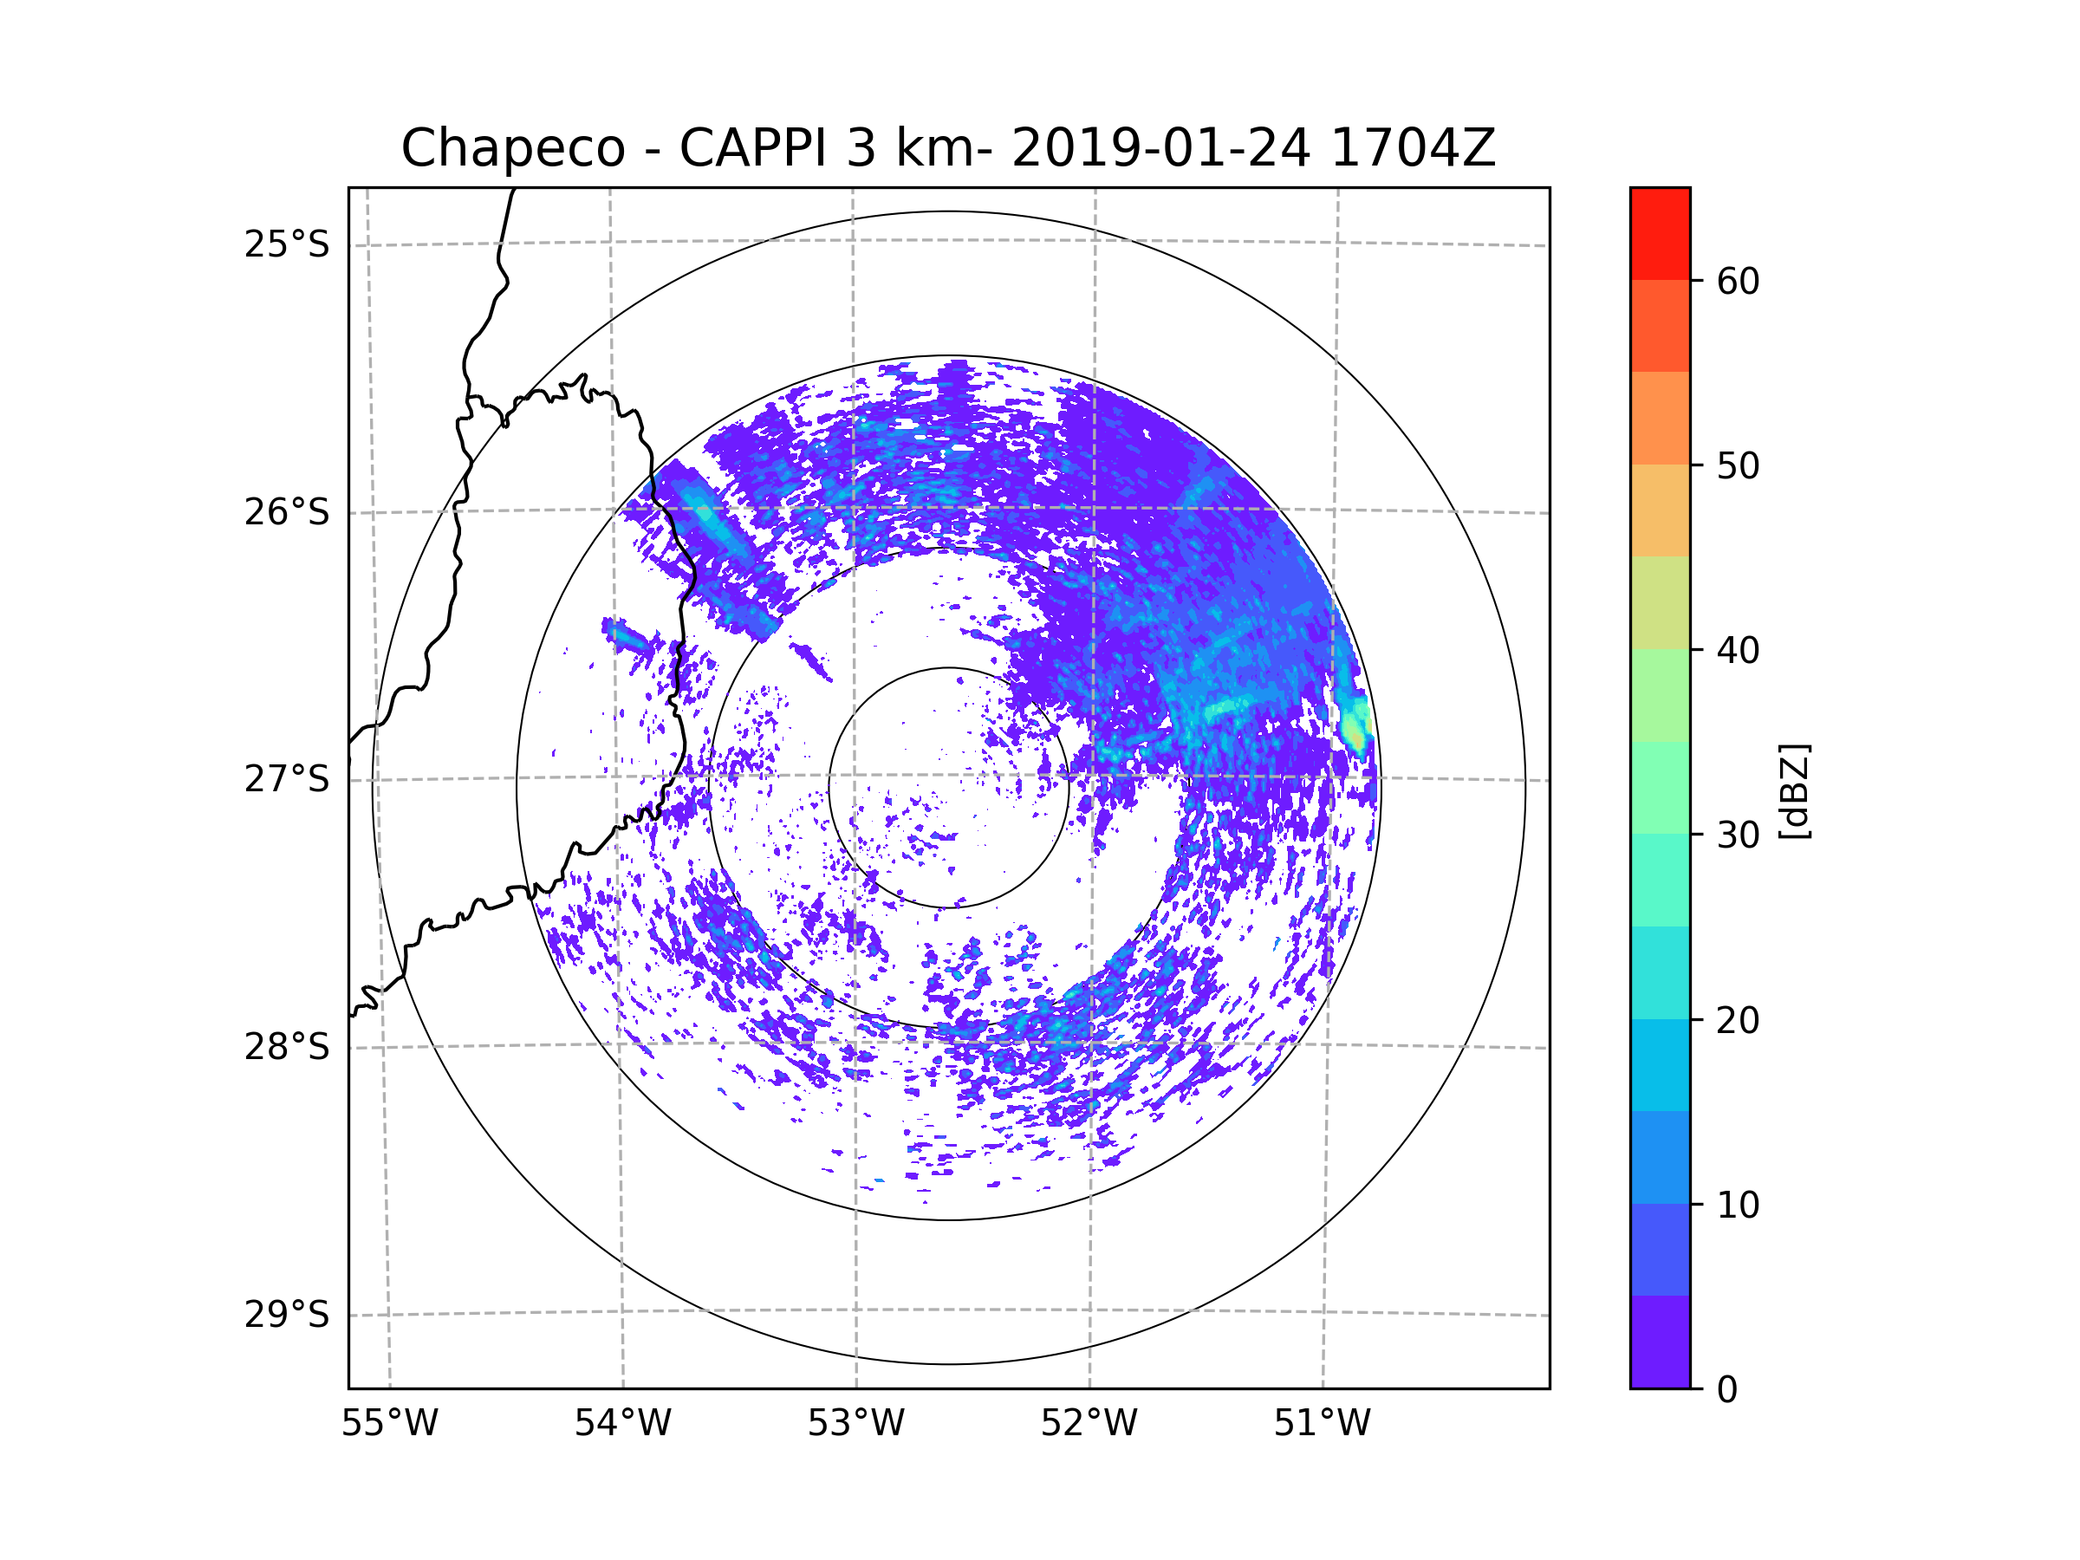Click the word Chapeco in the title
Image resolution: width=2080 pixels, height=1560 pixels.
pos(512,148)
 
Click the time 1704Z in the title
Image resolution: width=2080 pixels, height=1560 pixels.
pos(1413,148)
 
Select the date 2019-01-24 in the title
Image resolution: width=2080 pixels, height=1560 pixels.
pos(1160,148)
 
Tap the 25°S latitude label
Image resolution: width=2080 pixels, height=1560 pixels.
pos(287,244)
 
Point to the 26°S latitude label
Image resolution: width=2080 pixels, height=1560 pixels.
pos(287,512)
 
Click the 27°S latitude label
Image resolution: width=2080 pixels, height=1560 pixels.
pos(287,779)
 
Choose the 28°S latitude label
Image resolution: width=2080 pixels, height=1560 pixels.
pos(287,1047)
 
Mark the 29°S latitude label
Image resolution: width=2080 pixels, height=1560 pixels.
pos(287,1315)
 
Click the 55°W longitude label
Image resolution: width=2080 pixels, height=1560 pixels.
pos(389,1424)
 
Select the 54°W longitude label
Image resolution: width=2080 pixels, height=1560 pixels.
pos(622,1424)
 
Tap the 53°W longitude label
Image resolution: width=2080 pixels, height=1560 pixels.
pos(855,1424)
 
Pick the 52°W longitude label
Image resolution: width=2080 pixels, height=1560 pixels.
pos(1089,1424)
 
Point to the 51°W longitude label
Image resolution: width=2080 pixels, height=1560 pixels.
pos(1322,1424)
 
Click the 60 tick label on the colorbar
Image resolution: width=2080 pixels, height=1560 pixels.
pos(1738,281)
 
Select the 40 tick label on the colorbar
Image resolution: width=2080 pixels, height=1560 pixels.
pos(1738,651)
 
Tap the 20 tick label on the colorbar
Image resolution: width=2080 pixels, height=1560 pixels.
pos(1738,1020)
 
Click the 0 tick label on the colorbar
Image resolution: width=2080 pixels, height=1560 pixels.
pos(1727,1390)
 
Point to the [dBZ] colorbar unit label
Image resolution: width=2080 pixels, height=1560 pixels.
pos(1794,790)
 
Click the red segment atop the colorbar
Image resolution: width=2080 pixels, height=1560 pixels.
pos(1660,233)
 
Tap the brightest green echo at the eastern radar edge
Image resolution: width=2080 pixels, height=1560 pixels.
pos(1354,730)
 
